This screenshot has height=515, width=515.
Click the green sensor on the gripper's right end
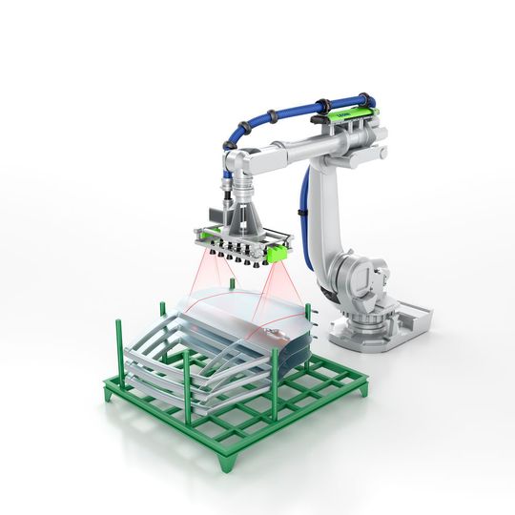(277, 253)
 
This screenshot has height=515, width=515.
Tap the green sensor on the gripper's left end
(199, 232)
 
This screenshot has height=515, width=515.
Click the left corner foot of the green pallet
(108, 393)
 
